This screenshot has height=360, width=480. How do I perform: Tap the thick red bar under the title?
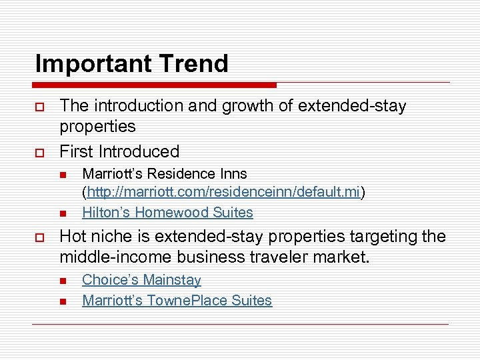point(153,85)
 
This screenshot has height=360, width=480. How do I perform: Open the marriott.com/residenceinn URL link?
point(223,193)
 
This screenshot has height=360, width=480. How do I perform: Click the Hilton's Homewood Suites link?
point(167,213)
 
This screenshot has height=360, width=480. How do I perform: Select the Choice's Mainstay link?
point(141,280)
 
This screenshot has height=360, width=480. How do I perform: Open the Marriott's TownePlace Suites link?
point(177,301)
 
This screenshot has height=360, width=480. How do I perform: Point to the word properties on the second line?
point(97,127)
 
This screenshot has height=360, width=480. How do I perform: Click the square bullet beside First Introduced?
point(40,152)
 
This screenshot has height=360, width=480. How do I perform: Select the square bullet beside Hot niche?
point(40,236)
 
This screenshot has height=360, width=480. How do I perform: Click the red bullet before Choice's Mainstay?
point(63,281)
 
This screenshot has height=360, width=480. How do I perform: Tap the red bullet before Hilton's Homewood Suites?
point(63,213)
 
